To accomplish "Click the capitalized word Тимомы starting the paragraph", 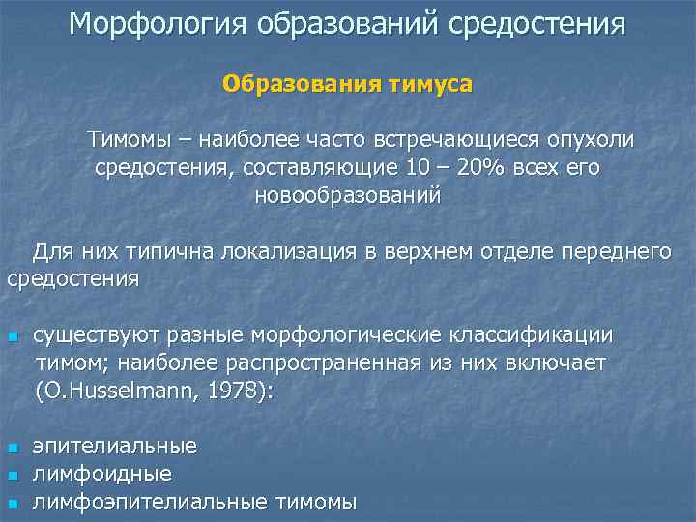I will pos(130,139).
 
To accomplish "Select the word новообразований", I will pos(347,195).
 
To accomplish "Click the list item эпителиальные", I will pos(115,447).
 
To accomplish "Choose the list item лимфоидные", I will pos(102,475).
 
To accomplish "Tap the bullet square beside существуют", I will pos(12,337).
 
